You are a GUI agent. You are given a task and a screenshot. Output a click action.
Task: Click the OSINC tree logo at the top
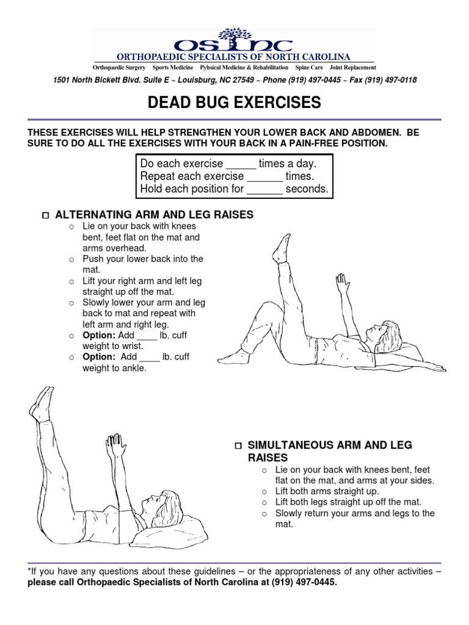(234, 37)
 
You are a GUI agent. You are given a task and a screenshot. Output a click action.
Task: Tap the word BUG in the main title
(221, 103)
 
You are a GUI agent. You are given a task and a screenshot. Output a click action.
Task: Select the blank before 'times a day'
(241, 164)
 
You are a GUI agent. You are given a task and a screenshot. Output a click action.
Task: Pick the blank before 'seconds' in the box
(265, 189)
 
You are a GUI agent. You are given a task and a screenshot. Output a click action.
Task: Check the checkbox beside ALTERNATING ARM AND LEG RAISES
(45, 215)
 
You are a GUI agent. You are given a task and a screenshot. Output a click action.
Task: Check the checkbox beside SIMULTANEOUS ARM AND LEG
(239, 446)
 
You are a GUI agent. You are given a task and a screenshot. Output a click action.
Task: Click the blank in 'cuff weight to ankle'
(150, 358)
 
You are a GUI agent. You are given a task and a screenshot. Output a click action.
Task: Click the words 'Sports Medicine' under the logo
(173, 67)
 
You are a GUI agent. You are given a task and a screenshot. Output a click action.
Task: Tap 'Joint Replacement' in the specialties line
(353, 67)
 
